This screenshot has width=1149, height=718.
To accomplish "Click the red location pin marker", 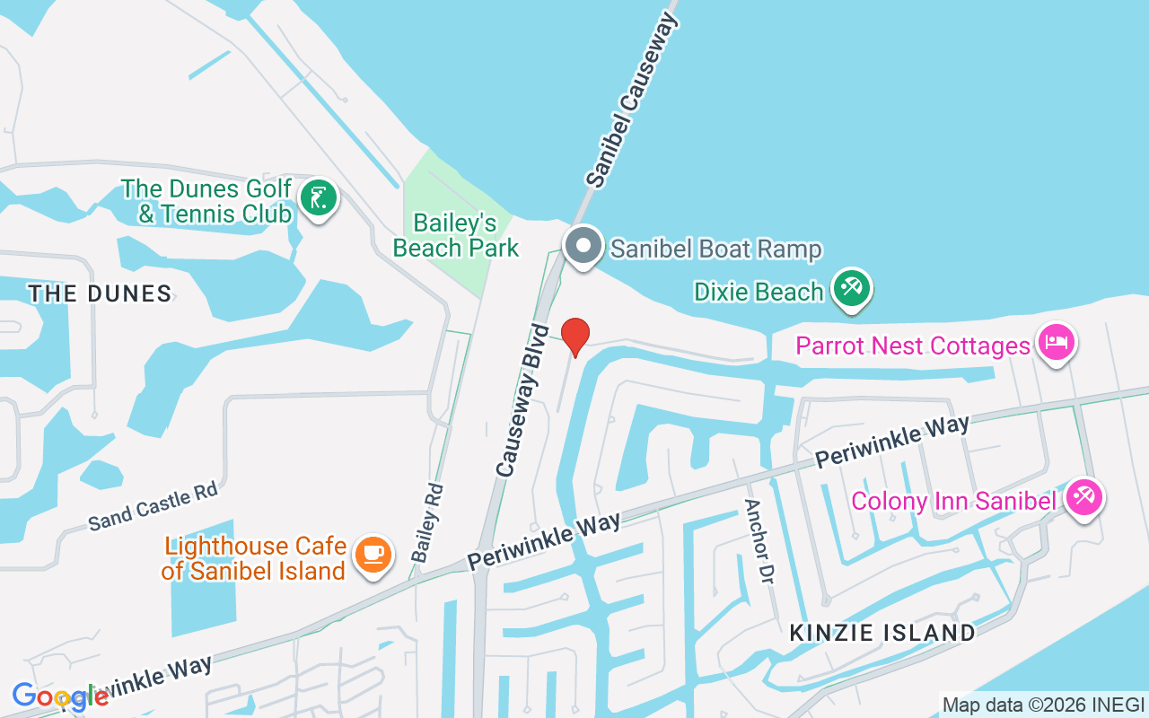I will (x=574, y=336).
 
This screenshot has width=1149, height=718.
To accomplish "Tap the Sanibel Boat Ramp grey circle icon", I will (x=584, y=245).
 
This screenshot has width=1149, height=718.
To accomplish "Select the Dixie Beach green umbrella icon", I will (x=849, y=289).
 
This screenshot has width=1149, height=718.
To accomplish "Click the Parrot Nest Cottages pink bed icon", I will (x=1056, y=343).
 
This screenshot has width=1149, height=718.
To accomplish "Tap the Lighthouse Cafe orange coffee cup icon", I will (x=372, y=554).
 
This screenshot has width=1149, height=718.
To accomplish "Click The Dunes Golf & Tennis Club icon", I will (x=317, y=197).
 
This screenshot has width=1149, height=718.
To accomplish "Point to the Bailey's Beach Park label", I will (x=456, y=235).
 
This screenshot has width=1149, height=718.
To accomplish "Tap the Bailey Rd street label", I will (x=427, y=523).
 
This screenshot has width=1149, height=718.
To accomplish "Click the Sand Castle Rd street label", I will (x=153, y=507).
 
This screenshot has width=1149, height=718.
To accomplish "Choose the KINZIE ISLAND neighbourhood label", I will (x=881, y=633).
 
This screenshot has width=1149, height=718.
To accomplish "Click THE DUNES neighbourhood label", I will (x=100, y=293).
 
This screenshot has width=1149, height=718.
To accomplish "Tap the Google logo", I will (x=59, y=696).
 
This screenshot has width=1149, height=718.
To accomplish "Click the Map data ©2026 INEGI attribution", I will (x=1043, y=705).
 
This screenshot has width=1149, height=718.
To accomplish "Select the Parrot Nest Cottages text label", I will (x=913, y=346).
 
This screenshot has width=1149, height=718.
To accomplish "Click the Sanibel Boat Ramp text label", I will (x=715, y=249).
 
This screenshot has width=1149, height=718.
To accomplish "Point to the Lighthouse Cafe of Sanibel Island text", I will (x=255, y=558).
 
